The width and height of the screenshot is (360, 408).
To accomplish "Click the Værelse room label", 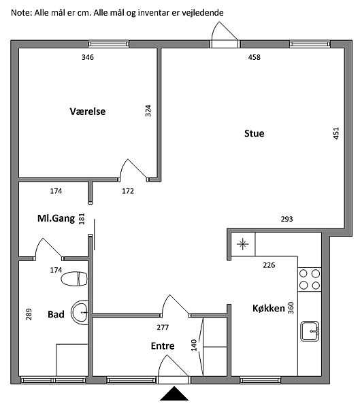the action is (88, 112).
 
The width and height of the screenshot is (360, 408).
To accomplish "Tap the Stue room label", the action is (255, 133).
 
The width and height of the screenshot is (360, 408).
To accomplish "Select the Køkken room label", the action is (269, 308).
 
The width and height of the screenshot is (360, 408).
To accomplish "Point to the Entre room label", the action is (163, 346).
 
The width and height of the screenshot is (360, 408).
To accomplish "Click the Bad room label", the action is (56, 314).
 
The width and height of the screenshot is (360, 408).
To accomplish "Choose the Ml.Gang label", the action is (56, 218).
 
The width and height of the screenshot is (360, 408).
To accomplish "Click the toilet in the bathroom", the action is (74, 279).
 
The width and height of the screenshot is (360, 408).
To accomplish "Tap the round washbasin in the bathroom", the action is (80, 312).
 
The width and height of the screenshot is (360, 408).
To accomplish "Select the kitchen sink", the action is (310, 331).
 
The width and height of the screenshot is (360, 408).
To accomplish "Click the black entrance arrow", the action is (174, 394).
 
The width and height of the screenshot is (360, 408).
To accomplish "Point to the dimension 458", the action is (255, 57).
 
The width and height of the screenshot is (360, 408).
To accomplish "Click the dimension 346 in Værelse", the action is (88, 57).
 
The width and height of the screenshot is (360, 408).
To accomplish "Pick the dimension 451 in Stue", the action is (336, 133).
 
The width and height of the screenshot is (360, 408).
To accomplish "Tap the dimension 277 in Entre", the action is (163, 327).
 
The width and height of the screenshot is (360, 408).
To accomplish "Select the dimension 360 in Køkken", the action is (291, 308).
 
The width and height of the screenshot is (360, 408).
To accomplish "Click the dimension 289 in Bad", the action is (29, 314).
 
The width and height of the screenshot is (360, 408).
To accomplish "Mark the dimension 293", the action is (287, 219).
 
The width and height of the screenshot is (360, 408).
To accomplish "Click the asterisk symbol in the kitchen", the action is (242, 244).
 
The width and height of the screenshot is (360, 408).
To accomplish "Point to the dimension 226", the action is (269, 265).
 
